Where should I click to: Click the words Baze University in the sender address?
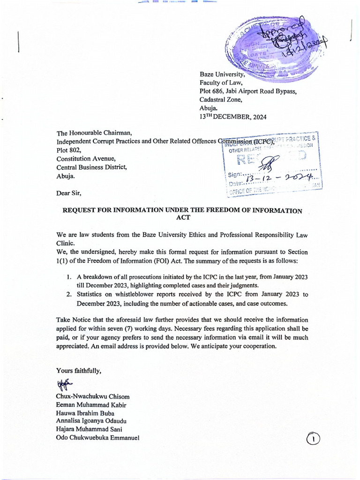point(222,75)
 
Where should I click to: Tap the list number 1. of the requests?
point(69,277)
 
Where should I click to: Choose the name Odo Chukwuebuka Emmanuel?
point(97,438)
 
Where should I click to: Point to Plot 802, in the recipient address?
point(69,150)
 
